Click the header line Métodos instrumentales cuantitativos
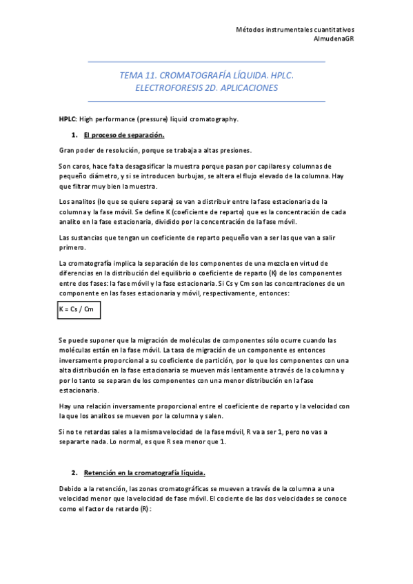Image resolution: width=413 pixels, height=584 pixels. (x=295, y=30)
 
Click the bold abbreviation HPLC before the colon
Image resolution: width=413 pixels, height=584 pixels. (x=67, y=119)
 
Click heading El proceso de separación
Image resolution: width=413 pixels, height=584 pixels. (x=123, y=135)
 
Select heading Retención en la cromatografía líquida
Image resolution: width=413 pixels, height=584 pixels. (x=144, y=473)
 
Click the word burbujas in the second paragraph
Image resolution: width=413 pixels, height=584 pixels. (x=211, y=176)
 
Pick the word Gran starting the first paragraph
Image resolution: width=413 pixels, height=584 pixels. (x=68, y=150)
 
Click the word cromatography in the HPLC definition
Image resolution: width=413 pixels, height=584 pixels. (x=213, y=119)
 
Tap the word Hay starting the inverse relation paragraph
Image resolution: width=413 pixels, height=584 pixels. (x=66, y=406)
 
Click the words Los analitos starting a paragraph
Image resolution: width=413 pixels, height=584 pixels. (x=78, y=201)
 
